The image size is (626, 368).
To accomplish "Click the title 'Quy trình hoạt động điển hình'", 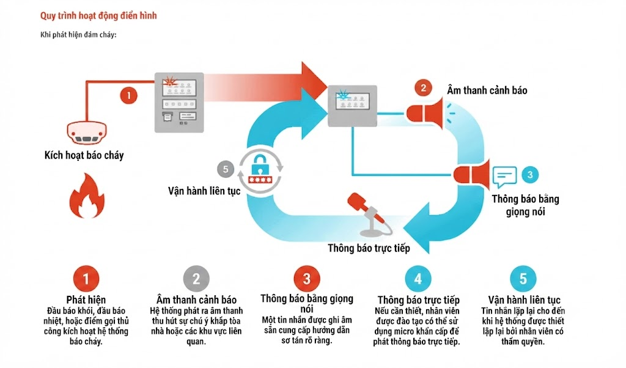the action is click(x=98, y=16).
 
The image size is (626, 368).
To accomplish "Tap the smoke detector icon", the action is click(x=86, y=132).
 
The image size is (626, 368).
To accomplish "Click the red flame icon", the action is click(x=87, y=196).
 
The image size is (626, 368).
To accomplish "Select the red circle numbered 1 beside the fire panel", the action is click(x=128, y=95).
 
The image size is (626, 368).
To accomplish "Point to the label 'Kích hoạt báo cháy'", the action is click(x=84, y=155).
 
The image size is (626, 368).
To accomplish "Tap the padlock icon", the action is click(x=260, y=169).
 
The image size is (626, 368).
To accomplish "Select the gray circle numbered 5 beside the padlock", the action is click(x=225, y=169).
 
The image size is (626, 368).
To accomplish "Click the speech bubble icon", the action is click(x=504, y=177).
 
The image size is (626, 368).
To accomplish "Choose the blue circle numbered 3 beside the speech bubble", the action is click(x=530, y=175).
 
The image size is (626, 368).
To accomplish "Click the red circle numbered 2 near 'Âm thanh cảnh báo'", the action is click(x=423, y=88).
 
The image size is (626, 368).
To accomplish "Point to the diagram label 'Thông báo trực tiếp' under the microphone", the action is click(x=369, y=248).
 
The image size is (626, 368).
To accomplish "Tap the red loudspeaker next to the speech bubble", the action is click(x=471, y=175).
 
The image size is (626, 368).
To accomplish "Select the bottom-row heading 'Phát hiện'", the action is click(x=86, y=300).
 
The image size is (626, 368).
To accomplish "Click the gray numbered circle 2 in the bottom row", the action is click(x=196, y=279).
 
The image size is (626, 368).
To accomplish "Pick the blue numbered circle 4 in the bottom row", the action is click(x=418, y=279).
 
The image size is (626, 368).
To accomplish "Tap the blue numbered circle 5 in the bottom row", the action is click(x=523, y=279).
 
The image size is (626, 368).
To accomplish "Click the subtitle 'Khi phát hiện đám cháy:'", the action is click(x=78, y=35).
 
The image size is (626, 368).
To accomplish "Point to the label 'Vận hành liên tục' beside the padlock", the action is click(x=204, y=191).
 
